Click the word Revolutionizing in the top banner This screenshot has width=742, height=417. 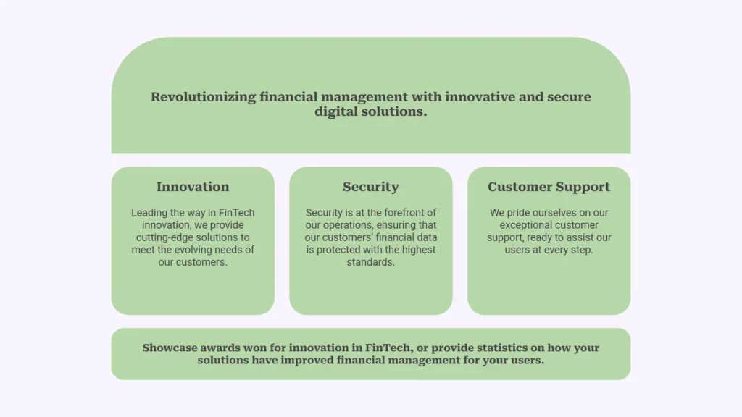pos(204,98)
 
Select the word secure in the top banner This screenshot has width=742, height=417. pos(570,98)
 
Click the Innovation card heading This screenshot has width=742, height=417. pos(193,187)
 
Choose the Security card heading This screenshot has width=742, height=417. pos(370,188)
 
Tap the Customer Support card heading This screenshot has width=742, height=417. pos(549,188)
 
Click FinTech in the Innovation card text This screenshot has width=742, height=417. pos(237,213)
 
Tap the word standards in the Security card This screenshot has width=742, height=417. pos(370,262)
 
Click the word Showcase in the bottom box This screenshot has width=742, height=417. pos(170,348)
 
